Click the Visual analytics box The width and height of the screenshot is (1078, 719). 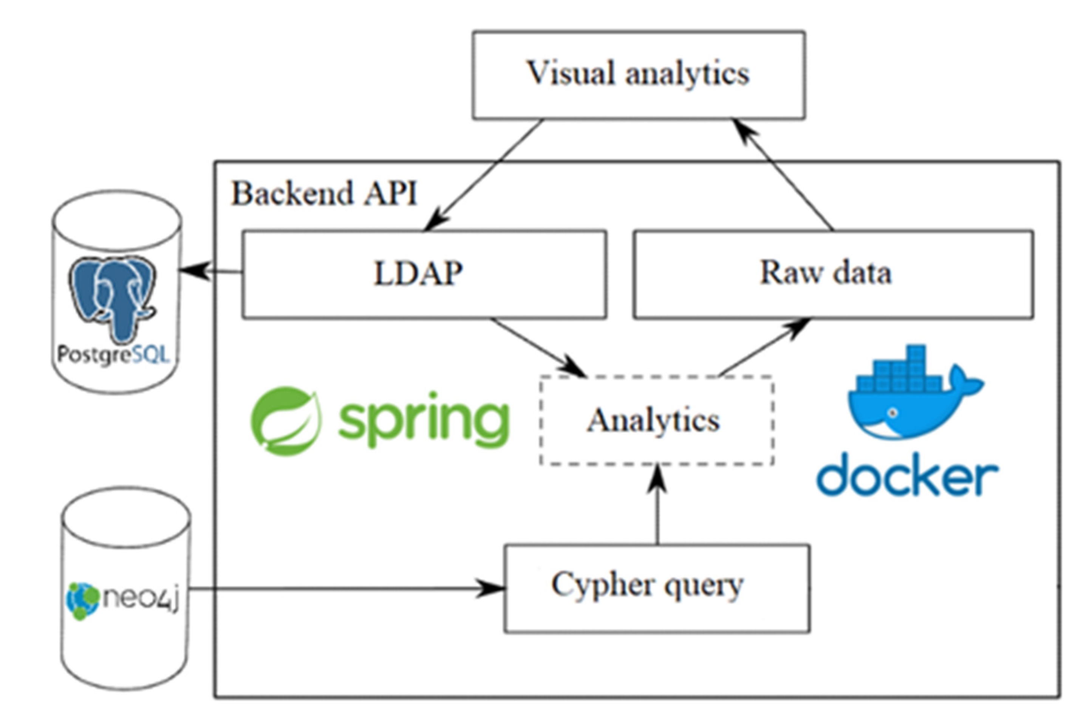click(x=638, y=75)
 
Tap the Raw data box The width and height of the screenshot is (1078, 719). click(x=833, y=274)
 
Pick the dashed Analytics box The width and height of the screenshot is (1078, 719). click(x=657, y=421)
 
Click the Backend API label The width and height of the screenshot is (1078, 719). click(x=324, y=193)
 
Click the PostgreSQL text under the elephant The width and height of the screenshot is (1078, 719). click(x=113, y=354)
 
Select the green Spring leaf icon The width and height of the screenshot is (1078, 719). click(x=286, y=421)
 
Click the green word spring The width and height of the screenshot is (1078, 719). click(x=423, y=419)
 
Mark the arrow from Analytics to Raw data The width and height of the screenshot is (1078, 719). click(x=764, y=347)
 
